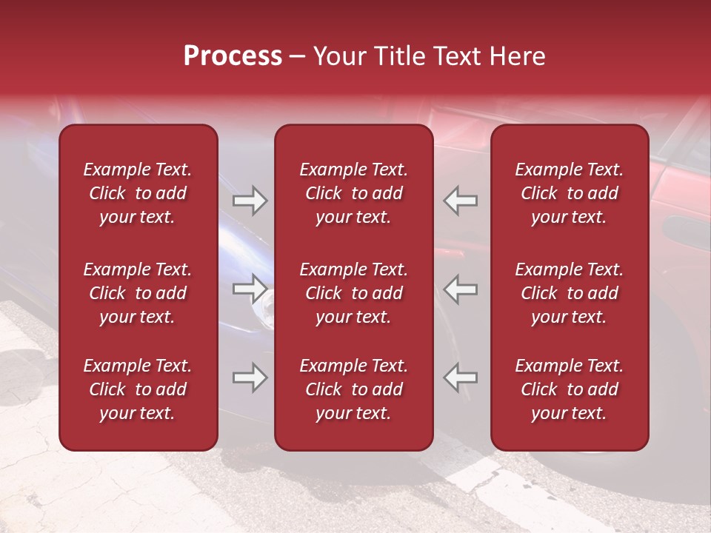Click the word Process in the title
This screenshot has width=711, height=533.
point(233,56)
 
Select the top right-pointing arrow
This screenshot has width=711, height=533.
point(250,201)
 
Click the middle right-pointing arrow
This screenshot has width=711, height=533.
point(250,289)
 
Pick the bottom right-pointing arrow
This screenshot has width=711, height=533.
point(250,378)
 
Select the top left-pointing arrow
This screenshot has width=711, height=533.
point(460,201)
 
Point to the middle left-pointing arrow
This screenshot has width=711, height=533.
point(460,289)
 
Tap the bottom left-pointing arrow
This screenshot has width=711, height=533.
point(460,378)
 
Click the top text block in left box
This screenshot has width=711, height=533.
point(138,193)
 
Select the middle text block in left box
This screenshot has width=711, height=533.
point(138,293)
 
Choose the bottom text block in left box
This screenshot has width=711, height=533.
point(138,389)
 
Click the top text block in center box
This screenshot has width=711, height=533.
point(354,193)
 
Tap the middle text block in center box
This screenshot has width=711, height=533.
point(354,293)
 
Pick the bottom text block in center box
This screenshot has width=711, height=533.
point(354,389)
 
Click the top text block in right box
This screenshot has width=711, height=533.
point(570,193)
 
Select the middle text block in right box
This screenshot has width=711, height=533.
point(570,293)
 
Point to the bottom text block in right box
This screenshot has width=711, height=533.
point(570,389)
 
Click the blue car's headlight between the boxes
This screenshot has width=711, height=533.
point(266,303)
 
